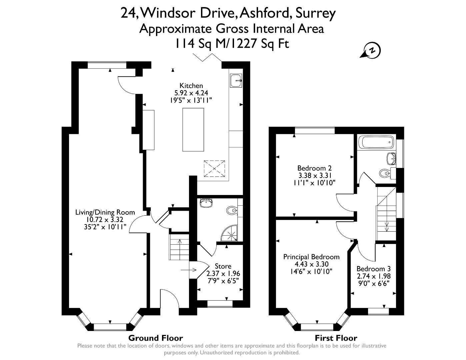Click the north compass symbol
coord(372,51)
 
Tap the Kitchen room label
coord(191,86)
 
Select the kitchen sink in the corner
coord(236,80)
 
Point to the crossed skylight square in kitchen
coord(214,169)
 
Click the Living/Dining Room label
coord(105,212)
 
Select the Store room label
coord(223,266)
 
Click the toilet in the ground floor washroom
coord(231,210)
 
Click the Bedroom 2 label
coord(314,168)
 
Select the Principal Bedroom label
coord(311,257)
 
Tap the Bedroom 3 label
coord(373,269)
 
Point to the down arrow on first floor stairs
coord(387,227)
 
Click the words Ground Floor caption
coord(155,338)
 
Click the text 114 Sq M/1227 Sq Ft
coord(232,44)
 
